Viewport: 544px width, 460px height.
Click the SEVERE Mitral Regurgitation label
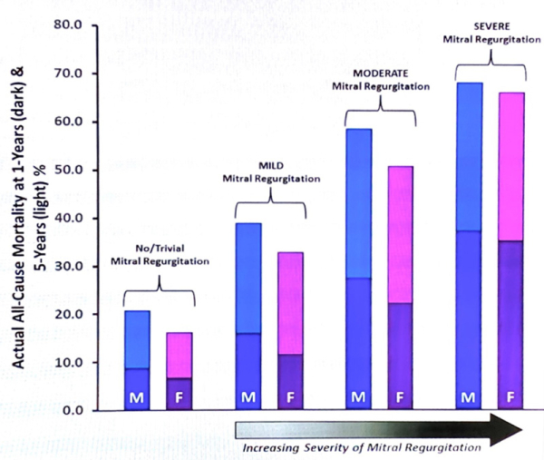click(x=490, y=32)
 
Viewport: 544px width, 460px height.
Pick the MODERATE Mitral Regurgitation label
click(x=379, y=80)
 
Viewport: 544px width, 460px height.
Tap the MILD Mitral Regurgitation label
click(x=271, y=171)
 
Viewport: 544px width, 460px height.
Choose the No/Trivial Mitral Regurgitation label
click(x=160, y=254)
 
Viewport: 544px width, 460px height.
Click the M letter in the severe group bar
click(x=469, y=396)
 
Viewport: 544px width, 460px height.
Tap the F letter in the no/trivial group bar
click(x=179, y=396)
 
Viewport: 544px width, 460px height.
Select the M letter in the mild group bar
click(x=248, y=396)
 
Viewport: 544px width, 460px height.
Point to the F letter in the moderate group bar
click(x=400, y=396)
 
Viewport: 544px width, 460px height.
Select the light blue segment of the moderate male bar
click(x=358, y=203)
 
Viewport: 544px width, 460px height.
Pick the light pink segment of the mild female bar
click(x=290, y=303)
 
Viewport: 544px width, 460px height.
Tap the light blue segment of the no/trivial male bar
click(x=136, y=339)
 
